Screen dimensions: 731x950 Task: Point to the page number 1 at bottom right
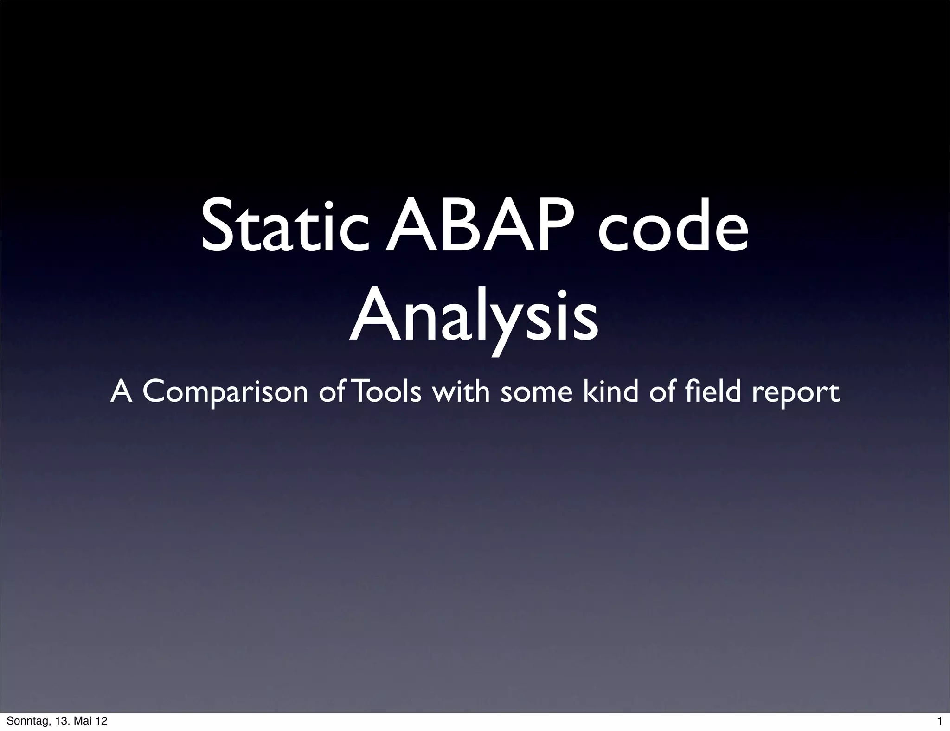pos(939,721)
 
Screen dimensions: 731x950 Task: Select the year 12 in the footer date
pos(101,721)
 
